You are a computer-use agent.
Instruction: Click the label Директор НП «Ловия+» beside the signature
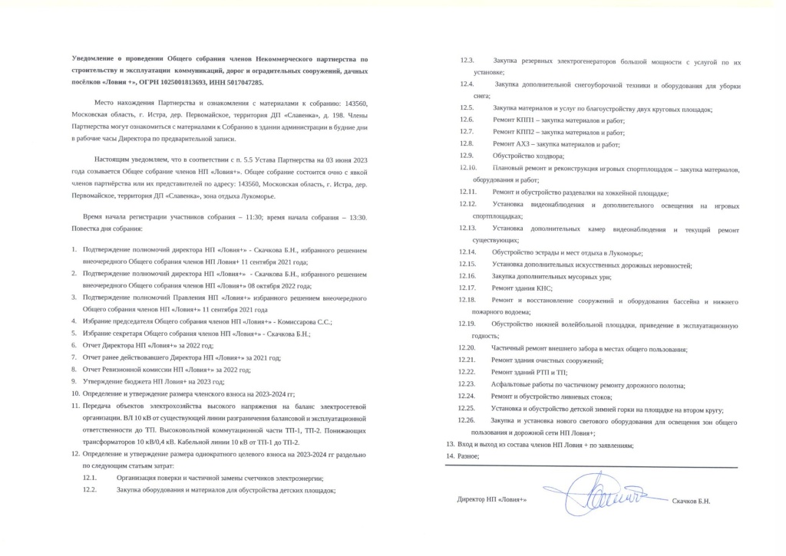click(490, 501)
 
